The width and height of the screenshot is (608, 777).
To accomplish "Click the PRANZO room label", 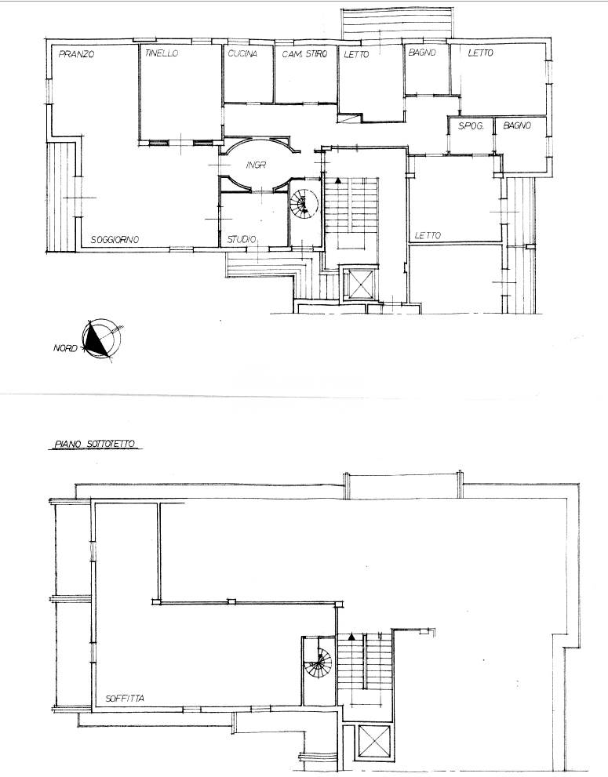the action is (x=76, y=54).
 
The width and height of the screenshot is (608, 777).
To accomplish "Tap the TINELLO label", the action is (x=162, y=53).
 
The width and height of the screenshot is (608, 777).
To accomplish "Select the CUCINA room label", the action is (x=242, y=53).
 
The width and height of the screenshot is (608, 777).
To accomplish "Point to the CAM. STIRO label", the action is (x=304, y=54).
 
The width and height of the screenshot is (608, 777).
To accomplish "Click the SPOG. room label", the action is (x=471, y=126).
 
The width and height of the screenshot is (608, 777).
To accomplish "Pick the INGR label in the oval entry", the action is (x=256, y=165).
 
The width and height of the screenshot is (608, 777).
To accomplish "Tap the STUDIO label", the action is (x=242, y=240).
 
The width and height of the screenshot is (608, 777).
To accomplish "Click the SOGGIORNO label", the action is (x=115, y=240).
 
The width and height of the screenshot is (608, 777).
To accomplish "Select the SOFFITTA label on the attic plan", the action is (x=125, y=699).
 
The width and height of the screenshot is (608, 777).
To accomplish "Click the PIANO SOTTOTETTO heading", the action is (x=94, y=444).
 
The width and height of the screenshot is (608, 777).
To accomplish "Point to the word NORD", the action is (x=65, y=348).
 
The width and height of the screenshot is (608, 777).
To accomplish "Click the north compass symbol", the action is (x=102, y=339).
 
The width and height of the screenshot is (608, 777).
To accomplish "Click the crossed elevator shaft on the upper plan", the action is (x=359, y=284).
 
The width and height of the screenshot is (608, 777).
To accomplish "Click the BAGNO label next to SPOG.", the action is (x=517, y=126).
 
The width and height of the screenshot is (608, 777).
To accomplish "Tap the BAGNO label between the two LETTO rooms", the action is (x=422, y=53).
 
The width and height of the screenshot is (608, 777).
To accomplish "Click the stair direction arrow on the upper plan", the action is (x=337, y=181).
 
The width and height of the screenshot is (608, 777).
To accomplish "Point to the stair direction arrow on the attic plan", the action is (x=351, y=637).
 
